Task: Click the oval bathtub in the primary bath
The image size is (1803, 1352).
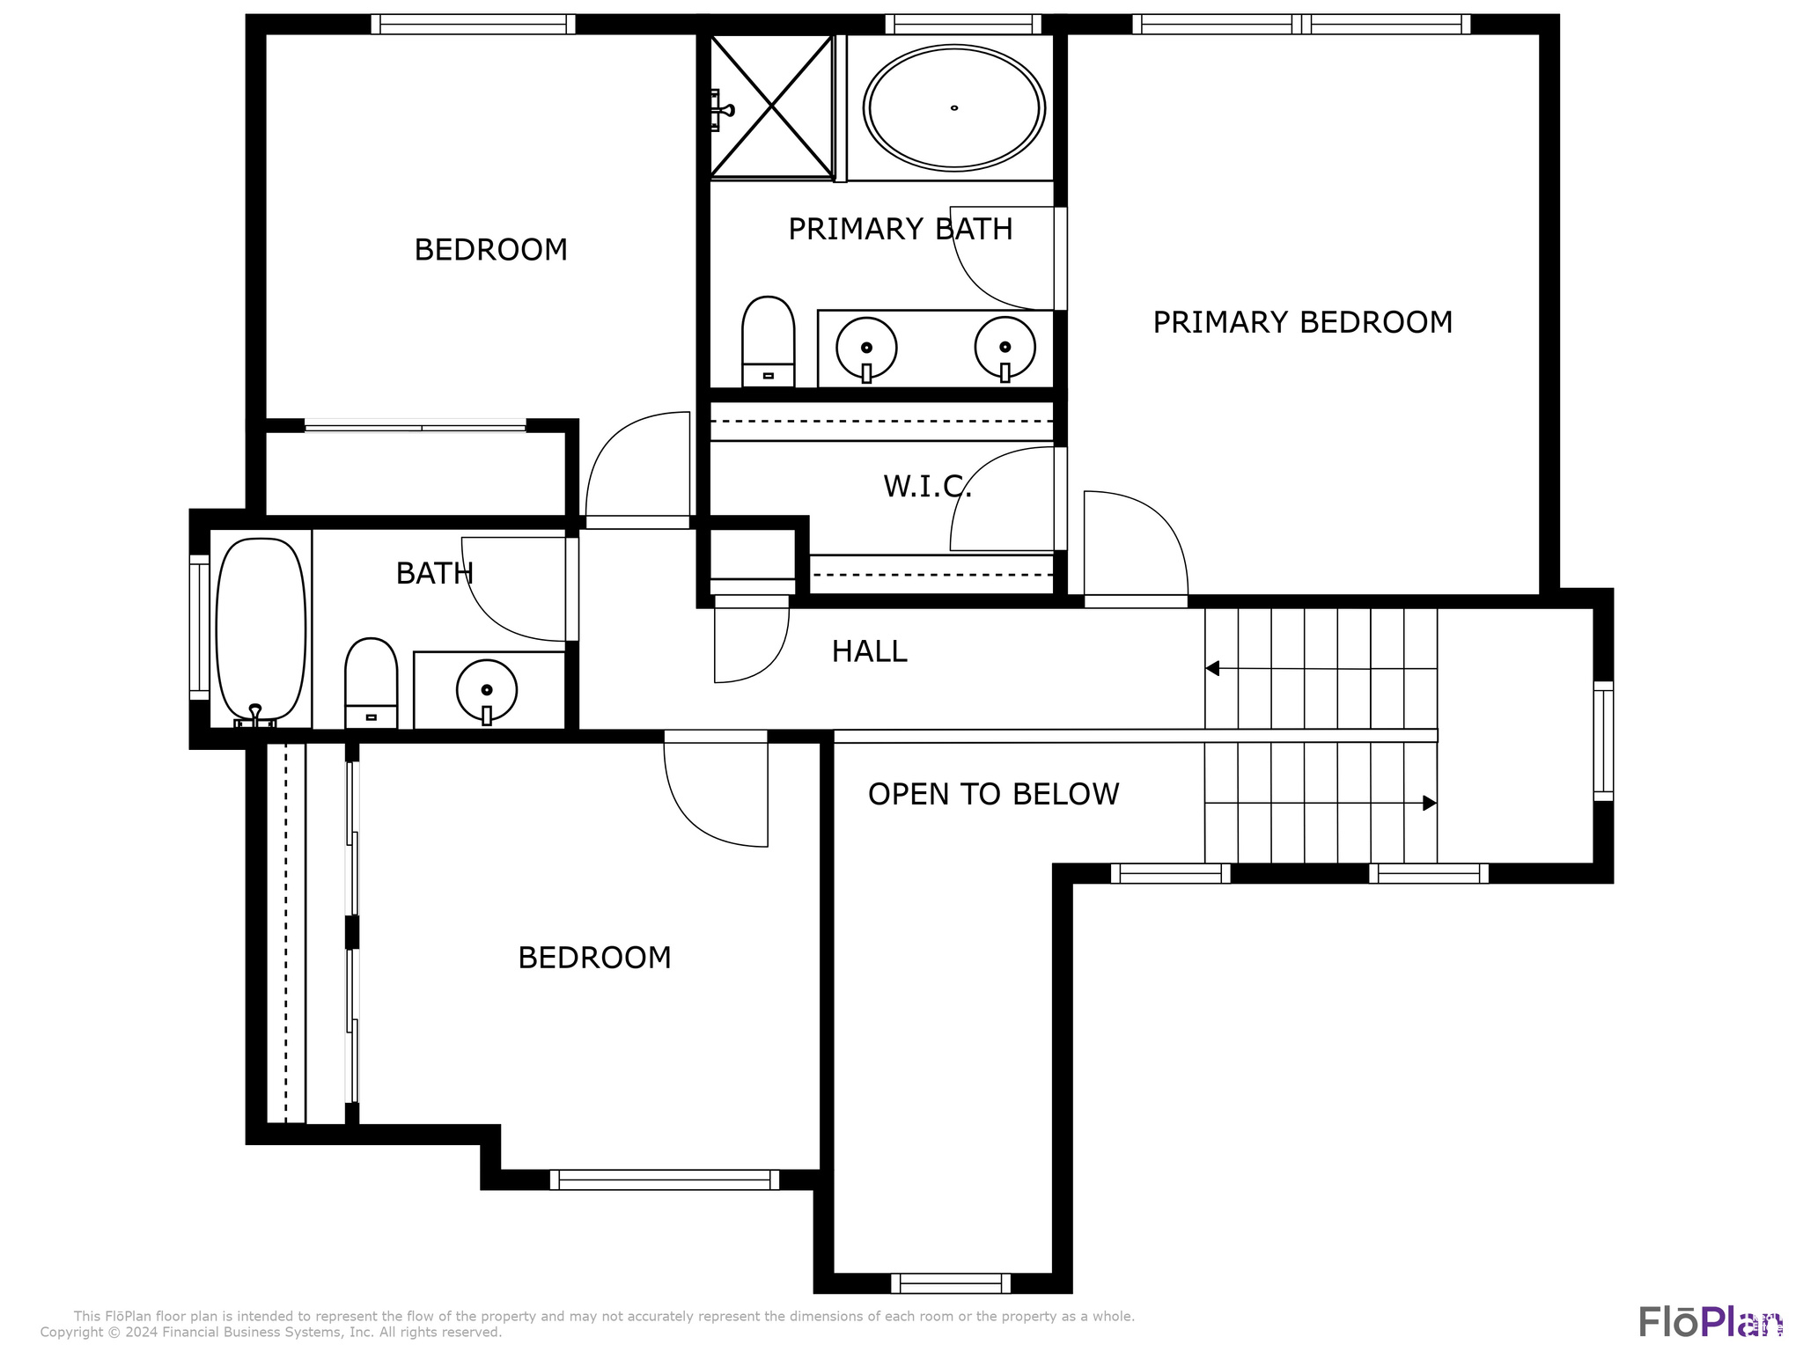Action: tap(954, 107)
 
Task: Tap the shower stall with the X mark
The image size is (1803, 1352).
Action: tap(771, 107)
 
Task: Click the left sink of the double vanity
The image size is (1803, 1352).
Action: tap(866, 348)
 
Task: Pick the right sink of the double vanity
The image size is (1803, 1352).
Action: tap(1005, 348)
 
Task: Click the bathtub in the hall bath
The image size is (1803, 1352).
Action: tap(261, 628)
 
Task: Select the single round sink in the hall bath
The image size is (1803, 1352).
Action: tap(486, 690)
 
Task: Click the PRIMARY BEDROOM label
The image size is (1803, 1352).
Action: tap(1302, 322)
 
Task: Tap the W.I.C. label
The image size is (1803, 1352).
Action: tap(927, 486)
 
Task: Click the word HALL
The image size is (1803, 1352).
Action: tap(869, 651)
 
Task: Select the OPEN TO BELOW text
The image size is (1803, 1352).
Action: tap(993, 794)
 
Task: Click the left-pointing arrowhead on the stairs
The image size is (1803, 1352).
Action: tap(1212, 668)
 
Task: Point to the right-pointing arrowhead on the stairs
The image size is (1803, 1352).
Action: tap(1430, 803)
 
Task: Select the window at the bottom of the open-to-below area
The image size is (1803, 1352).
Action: tap(951, 1283)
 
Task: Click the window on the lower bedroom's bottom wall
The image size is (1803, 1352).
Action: tap(665, 1179)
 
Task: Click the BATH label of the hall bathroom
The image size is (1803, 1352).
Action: tap(434, 574)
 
